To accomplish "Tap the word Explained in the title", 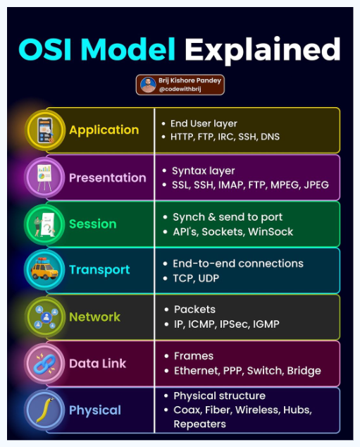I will pyautogui.click(x=263, y=49).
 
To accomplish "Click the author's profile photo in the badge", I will pyautogui.click(x=148, y=85).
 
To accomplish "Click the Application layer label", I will pyautogui.click(x=104, y=130).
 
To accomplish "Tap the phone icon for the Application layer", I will pyautogui.click(x=45, y=130).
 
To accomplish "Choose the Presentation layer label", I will pyautogui.click(x=107, y=178).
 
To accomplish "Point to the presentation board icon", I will pyautogui.click(x=45, y=178).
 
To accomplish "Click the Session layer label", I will pyautogui.click(x=92, y=224).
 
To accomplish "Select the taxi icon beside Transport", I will pyautogui.click(x=45, y=270).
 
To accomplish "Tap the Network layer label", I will pyautogui.click(x=94, y=317).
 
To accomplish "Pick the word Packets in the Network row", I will pyautogui.click(x=194, y=310).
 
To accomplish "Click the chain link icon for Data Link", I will pyautogui.click(x=45, y=363).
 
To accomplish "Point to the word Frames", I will pyautogui.click(x=193, y=356).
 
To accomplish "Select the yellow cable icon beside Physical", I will pyautogui.click(x=45, y=410).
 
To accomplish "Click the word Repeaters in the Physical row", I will pyautogui.click(x=200, y=424).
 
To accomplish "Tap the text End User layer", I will pyautogui.click(x=204, y=123).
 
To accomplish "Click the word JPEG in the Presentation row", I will pyautogui.click(x=314, y=185).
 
